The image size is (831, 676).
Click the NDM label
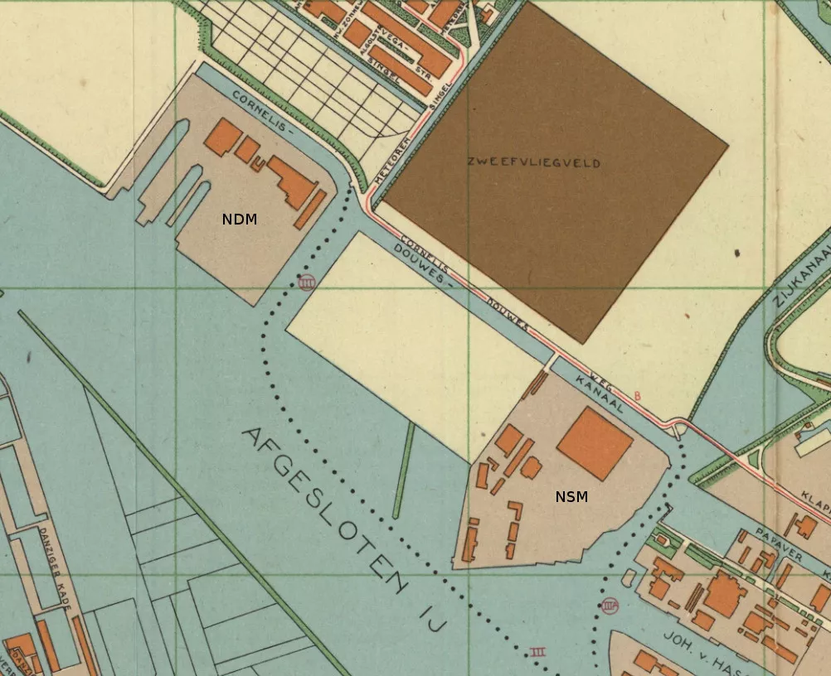coord(240,220)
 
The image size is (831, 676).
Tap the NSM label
coord(571,497)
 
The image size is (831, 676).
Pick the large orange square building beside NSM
coord(595,443)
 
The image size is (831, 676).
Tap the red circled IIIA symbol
coord(610,606)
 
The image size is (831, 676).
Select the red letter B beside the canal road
coord(637,396)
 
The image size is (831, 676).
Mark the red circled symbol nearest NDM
coord(307,282)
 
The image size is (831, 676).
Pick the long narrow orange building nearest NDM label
coord(309,210)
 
